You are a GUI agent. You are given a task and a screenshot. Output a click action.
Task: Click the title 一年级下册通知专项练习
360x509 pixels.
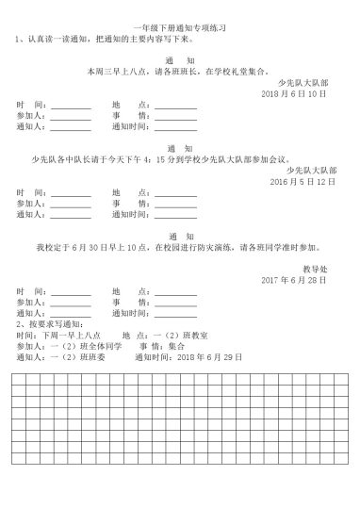point(180,31)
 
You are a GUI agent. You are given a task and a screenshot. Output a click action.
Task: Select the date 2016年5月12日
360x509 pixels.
point(303,180)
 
